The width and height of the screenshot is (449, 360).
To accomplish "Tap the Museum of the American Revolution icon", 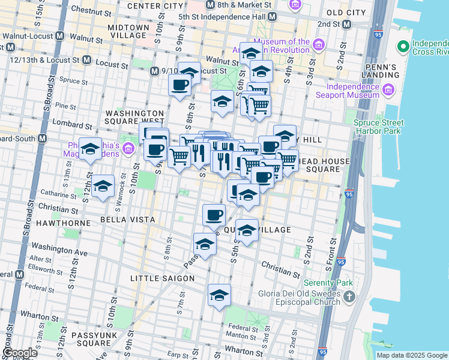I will coord(318,45).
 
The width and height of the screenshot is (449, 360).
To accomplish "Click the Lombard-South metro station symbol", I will coord(42,138).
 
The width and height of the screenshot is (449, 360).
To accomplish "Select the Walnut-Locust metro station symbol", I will coord(59,36).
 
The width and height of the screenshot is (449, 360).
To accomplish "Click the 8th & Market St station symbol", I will coord(209,4).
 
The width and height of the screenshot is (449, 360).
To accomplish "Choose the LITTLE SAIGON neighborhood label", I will coord(163,278).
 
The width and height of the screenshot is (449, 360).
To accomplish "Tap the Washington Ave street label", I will coord(59,247).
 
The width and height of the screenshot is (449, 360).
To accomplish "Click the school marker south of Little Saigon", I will coord(219,295).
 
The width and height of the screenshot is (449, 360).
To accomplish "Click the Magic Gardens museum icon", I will coord(128,148).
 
